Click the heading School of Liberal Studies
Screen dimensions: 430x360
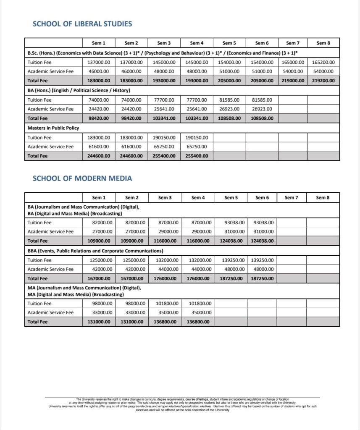point(82,24)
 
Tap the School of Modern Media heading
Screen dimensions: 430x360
point(82,178)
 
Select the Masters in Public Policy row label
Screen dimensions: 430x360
point(53,128)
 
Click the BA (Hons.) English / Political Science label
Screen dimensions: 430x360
point(79,90)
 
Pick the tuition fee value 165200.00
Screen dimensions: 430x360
point(323,62)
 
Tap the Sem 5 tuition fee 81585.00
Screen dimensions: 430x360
point(230,100)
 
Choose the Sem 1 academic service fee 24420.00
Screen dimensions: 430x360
point(99,109)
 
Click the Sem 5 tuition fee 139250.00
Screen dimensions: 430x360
point(229,260)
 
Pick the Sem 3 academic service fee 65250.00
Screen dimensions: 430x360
point(164,147)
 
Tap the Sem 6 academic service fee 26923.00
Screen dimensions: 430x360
point(262,109)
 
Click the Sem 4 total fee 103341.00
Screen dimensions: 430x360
point(197,118)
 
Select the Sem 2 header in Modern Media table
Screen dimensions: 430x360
point(132,197)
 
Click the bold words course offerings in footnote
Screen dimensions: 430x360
point(197,399)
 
